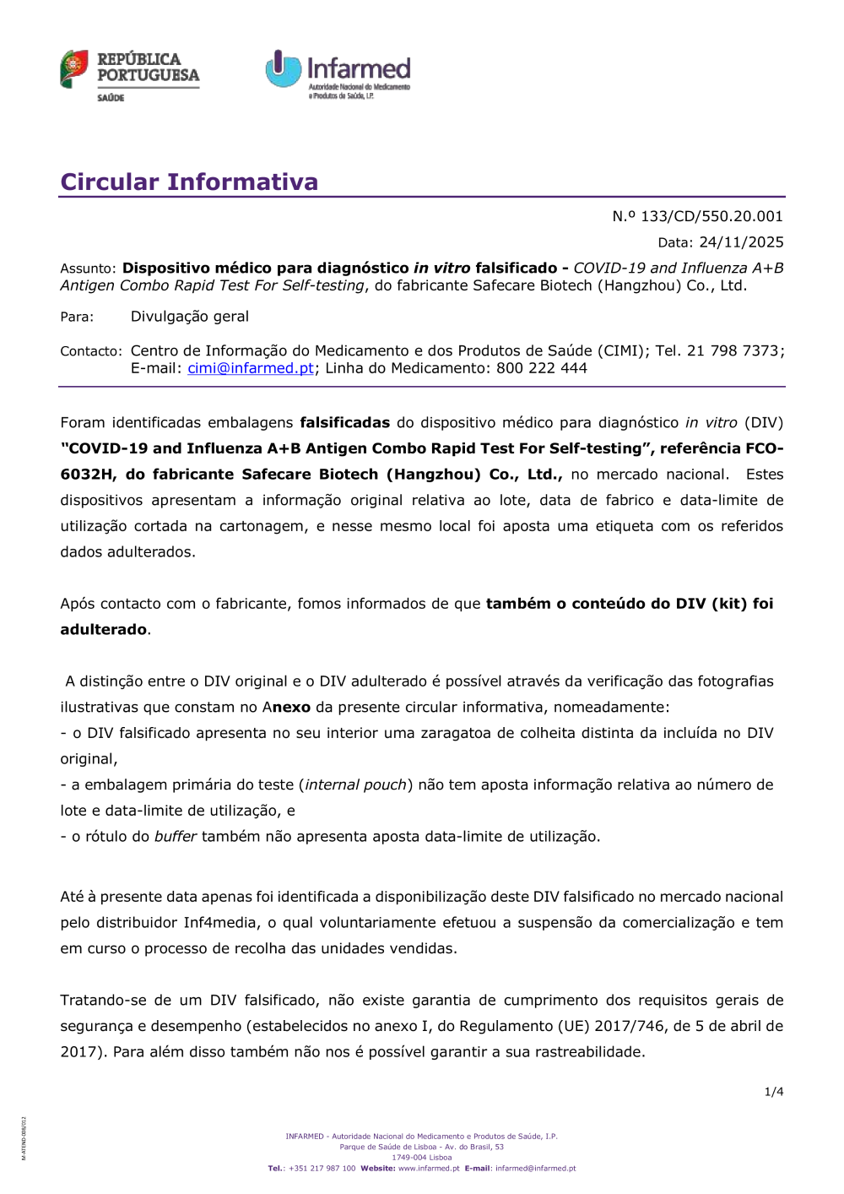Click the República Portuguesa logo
129,75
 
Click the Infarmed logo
338,73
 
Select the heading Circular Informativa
189,182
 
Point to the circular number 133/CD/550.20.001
711,216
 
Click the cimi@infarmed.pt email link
251,368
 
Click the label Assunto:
88,269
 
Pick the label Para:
77,317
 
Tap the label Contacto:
91,351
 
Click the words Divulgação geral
190,317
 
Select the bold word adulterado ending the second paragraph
103,630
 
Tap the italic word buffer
176,837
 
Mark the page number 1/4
774,1092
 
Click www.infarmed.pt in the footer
429,1169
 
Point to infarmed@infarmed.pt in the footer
535,1169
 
